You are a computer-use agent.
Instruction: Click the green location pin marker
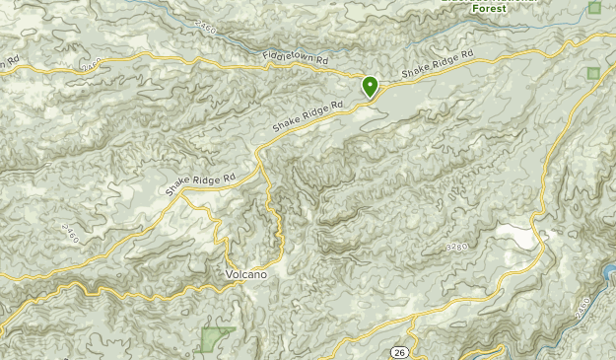coord(371,87)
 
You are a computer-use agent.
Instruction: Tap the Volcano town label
coord(245,273)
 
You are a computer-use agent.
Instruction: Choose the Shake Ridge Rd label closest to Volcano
coord(201,182)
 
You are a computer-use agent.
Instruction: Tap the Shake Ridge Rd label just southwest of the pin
coord(308,116)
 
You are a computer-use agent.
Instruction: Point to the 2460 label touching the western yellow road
coord(92,65)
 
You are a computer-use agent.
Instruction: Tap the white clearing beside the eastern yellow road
coord(516,236)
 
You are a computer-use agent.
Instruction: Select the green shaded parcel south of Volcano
coord(215,339)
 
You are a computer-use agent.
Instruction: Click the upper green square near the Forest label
coord(594,8)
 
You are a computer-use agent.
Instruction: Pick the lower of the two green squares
coord(592,73)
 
